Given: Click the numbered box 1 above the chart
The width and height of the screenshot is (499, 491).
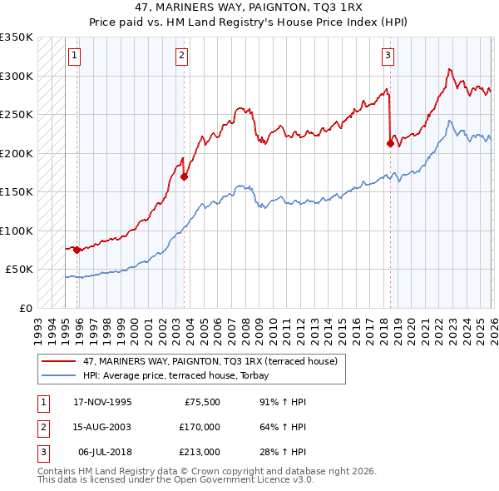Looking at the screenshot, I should pos(75,56).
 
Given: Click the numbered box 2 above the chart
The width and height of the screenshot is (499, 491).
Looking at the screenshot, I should pos(181,56).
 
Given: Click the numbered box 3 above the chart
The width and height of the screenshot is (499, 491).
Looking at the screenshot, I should pos(388,56).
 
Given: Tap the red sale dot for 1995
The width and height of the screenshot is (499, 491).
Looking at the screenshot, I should pos(77,250).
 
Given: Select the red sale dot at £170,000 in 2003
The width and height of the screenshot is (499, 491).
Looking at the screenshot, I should pos(184,176).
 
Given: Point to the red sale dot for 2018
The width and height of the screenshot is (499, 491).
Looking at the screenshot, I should pos(390,143).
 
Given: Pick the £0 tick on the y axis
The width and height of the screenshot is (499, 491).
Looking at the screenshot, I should pos(25,308).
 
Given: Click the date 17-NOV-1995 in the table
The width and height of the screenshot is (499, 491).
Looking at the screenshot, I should pos(102,401).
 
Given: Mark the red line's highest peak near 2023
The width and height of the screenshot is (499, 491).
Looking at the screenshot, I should pos(449,69).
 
